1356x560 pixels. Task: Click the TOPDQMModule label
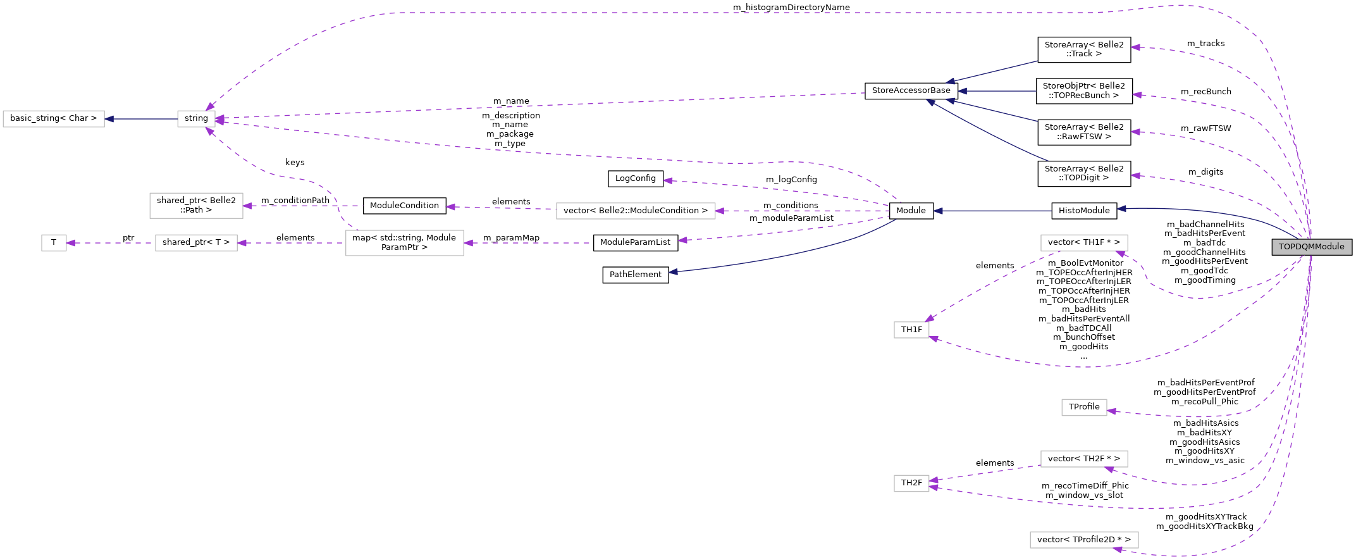click(1311, 247)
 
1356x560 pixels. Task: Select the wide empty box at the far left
click(54, 119)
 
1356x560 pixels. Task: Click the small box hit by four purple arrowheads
click(196, 119)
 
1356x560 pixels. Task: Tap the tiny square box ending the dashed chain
click(54, 243)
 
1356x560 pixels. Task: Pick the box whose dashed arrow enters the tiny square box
click(196, 243)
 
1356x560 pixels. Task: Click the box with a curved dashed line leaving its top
click(404, 243)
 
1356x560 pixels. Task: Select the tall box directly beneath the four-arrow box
click(196, 206)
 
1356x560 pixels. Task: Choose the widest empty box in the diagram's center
click(636, 211)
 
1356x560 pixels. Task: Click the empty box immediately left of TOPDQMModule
click(1084, 243)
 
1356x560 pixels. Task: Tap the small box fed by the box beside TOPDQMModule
click(911, 330)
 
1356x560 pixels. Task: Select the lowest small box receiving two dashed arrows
click(911, 483)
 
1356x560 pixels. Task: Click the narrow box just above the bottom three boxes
click(1084, 408)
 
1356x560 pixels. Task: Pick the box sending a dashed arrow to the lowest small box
click(1084, 459)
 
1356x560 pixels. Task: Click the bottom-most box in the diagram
click(1084, 540)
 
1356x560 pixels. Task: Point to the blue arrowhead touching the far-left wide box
click(109, 119)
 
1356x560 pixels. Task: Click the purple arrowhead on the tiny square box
click(71, 243)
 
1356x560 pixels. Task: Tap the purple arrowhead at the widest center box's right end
click(720, 211)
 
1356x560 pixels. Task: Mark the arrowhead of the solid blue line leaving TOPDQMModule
click(1121, 208)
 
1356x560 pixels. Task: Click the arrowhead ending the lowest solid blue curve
click(673, 272)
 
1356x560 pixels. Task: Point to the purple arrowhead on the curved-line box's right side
click(468, 243)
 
